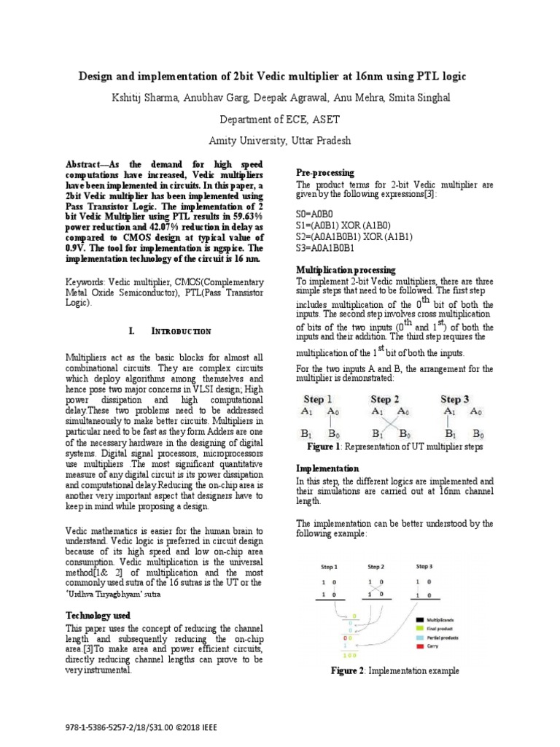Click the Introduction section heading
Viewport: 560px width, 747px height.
click(x=181, y=331)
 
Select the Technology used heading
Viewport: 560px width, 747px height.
click(x=98, y=616)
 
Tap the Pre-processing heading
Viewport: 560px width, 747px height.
click(x=324, y=173)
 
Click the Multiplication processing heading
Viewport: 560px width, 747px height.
click(x=346, y=270)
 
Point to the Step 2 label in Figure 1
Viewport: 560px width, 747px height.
click(x=384, y=399)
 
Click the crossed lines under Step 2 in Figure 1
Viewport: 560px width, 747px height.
click(x=386, y=422)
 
